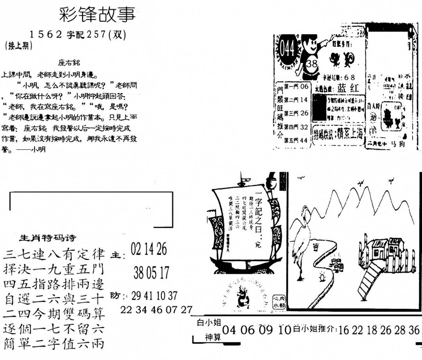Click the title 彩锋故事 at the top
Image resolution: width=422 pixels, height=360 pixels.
pyautogui.click(x=97, y=14)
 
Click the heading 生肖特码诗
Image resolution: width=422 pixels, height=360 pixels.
pyautogui.click(x=48, y=238)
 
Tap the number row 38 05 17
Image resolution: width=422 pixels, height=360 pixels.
pyautogui.click(x=151, y=272)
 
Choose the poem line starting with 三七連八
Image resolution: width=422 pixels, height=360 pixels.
pyautogui.click(x=54, y=255)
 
